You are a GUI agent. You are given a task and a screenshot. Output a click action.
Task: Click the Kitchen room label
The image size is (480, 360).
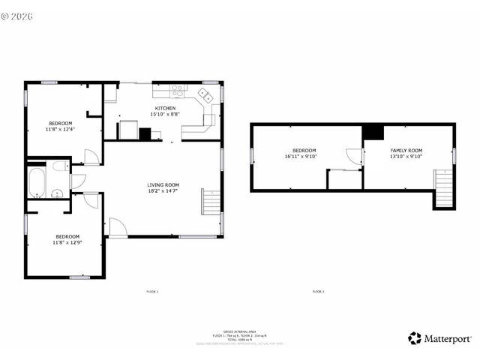[x=165, y=109]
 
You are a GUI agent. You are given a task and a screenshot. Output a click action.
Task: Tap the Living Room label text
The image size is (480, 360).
[x=163, y=184]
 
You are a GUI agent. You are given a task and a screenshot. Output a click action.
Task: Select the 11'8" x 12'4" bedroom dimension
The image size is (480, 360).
[x=61, y=129]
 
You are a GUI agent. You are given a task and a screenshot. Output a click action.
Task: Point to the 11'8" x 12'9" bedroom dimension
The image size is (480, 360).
[x=67, y=242]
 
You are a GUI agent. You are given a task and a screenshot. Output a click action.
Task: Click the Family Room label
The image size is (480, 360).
[x=406, y=151]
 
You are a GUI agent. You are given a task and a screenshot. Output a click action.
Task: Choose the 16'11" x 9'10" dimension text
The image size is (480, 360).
[x=301, y=157]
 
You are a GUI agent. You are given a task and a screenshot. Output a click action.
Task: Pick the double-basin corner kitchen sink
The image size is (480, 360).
[x=205, y=96]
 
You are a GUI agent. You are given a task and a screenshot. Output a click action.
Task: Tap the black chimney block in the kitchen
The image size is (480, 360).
[x=145, y=135]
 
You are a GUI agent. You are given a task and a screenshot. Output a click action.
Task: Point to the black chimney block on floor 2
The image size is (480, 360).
[x=373, y=132]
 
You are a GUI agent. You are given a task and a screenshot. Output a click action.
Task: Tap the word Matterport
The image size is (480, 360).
[x=448, y=338]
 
